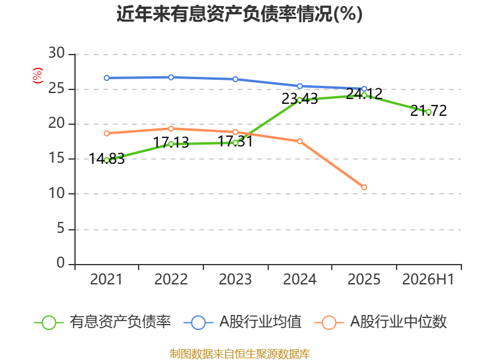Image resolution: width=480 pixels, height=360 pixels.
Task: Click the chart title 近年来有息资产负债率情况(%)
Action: coord(239,14)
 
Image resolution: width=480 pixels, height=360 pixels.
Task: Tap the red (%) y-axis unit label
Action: coord(38,76)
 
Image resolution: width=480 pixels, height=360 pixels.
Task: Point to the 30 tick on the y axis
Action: coord(56,53)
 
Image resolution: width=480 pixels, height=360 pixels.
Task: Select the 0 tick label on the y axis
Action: coord(61,263)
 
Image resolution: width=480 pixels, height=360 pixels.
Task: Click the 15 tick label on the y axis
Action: coord(56,158)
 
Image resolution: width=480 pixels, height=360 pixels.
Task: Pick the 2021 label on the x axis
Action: coord(106,280)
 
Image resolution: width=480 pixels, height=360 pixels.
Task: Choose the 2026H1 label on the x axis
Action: coord(428,280)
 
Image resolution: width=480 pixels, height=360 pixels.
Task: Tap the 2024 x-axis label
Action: coord(299,280)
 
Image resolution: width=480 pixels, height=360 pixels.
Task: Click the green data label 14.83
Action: coord(107,159)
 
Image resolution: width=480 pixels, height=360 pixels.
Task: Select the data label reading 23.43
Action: coord(299,99)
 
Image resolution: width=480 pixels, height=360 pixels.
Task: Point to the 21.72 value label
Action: coord(428,111)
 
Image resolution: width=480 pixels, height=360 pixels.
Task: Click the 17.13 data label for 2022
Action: coord(171,143)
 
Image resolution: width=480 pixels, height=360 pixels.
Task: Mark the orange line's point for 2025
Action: coord(364,187)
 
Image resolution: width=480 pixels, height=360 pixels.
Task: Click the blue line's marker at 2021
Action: coord(107,78)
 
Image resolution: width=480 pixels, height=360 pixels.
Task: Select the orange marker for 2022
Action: coord(171,128)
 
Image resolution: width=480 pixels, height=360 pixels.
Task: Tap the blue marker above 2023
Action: coord(235,79)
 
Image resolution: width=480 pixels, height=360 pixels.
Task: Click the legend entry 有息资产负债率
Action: coord(103,322)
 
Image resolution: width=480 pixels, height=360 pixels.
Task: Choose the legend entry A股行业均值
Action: coord(242,322)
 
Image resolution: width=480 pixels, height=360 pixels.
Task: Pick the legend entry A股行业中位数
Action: coord(380,322)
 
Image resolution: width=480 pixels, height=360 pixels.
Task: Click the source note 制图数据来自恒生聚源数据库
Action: coord(240,354)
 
